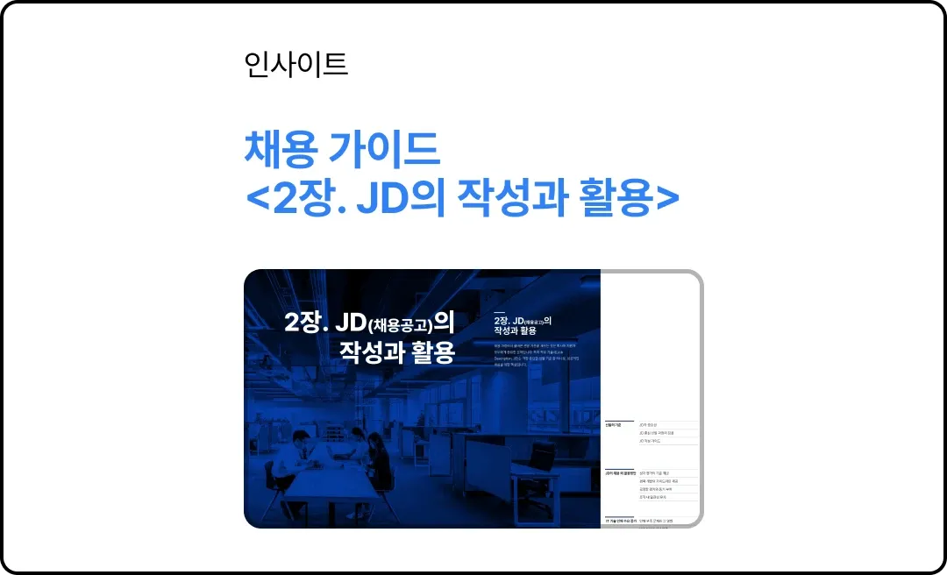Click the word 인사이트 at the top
pos(296,64)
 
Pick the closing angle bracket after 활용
pos(667,200)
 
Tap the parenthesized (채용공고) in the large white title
pos(400,325)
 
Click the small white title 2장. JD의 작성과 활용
pos(526,325)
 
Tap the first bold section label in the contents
pos(613,424)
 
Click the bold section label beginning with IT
pos(619,521)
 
